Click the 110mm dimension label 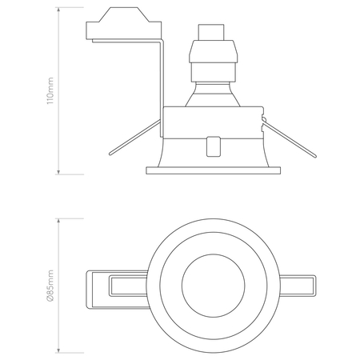(x=50, y=91)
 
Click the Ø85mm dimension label (x=50, y=286)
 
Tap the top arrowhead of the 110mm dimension (x=58, y=10)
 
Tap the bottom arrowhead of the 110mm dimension (x=58, y=172)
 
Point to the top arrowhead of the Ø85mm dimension (x=58, y=222)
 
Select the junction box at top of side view (x=124, y=23)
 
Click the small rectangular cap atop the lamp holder (x=210, y=32)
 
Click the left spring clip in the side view (x=134, y=138)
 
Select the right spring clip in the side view (x=290, y=140)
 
